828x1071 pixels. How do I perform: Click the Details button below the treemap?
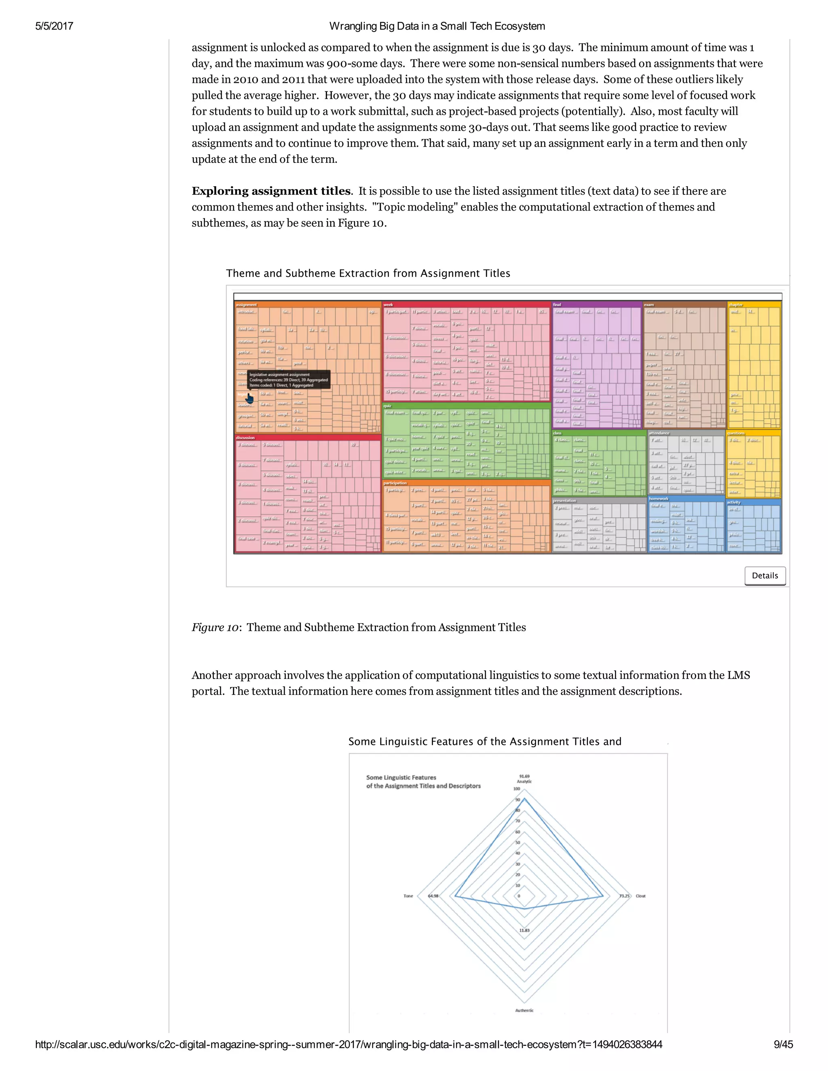click(765, 576)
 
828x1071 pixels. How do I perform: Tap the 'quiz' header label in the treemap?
click(387, 406)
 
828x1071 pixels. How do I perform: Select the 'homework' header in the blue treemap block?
click(658, 499)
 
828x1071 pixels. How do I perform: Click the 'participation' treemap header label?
click(395, 483)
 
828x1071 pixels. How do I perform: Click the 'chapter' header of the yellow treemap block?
click(735, 305)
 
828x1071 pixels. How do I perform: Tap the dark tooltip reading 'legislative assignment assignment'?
click(288, 379)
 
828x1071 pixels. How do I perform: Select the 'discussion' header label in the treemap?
click(245, 437)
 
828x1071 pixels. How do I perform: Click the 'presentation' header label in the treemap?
click(564, 501)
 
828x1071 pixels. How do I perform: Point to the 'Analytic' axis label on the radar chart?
click(524, 782)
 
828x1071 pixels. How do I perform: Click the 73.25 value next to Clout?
click(624, 896)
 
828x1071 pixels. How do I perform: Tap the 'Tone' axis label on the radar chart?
click(408, 896)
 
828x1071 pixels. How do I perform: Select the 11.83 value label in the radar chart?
click(524, 930)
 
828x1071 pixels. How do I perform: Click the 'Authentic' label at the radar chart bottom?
click(524, 1010)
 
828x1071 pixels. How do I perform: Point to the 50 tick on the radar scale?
click(517, 843)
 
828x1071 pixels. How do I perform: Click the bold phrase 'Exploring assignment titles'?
click(271, 191)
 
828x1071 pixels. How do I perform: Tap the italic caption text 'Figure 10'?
click(215, 628)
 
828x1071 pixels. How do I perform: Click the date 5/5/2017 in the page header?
click(54, 26)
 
